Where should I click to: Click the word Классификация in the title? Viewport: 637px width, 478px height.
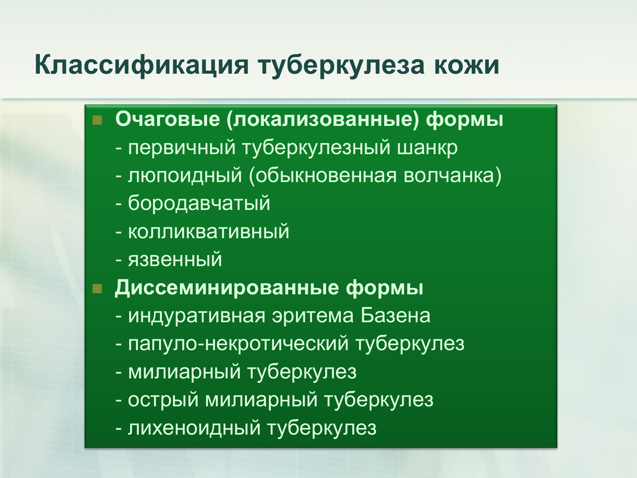[142, 65]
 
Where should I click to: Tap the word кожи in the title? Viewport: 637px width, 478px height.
[467, 65]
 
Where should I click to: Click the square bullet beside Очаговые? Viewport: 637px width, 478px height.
[97, 120]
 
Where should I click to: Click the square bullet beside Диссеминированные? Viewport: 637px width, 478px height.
[97, 288]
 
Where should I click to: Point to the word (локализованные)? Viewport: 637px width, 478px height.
[323, 119]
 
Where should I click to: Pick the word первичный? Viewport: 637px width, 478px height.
[182, 148]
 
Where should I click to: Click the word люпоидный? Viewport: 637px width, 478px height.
[185, 176]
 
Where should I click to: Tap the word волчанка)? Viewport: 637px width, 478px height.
[452, 176]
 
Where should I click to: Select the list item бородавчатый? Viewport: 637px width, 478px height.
[199, 204]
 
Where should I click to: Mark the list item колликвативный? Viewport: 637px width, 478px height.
[209, 232]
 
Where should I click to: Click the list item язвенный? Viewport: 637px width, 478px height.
[175, 260]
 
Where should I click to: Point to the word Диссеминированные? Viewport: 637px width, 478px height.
[227, 288]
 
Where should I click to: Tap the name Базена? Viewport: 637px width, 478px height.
[395, 316]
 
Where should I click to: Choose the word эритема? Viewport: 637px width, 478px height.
[313, 316]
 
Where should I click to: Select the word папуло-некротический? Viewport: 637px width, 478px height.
[238, 344]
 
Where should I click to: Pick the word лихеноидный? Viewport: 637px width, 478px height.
[194, 428]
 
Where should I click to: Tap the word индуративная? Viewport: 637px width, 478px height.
[197, 316]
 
